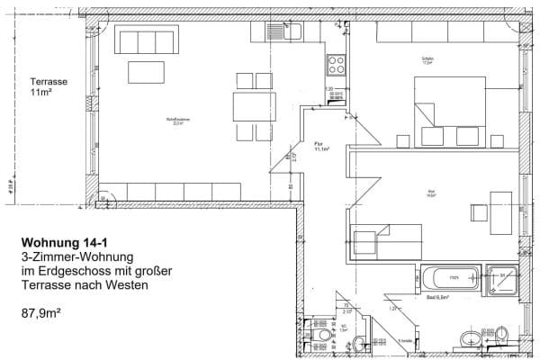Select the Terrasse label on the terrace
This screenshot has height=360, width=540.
coord(49,81)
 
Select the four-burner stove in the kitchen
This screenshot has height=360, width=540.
coord(337,64)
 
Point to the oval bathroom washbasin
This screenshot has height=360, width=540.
coord(468,339)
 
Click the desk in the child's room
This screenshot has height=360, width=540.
coord(500,208)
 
